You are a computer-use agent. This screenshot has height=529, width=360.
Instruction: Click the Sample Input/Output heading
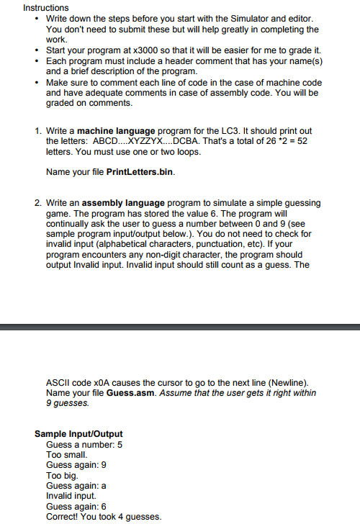point(78,434)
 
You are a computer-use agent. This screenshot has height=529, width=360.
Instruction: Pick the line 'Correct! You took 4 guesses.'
point(104,516)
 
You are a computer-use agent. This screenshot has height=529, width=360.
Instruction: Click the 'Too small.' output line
point(67,455)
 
